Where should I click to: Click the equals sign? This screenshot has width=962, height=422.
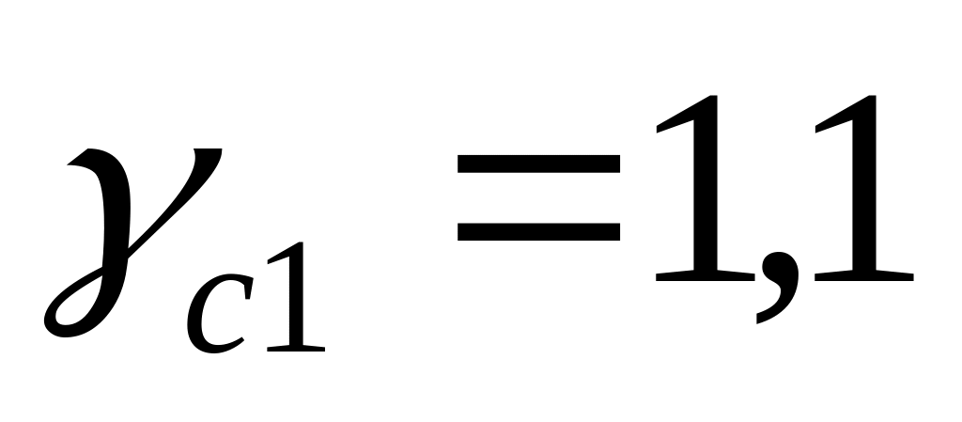coord(539,198)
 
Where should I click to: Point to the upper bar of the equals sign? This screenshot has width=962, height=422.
coord(539,164)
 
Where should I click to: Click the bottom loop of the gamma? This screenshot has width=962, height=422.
coord(70,310)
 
